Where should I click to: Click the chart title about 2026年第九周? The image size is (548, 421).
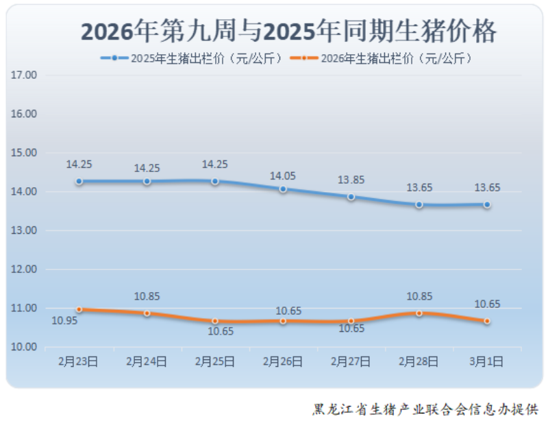click(288, 32)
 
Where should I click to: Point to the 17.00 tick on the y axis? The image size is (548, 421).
click(23, 75)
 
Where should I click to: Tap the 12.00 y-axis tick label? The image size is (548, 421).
click(23, 269)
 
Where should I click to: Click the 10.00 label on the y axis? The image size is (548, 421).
click(23, 347)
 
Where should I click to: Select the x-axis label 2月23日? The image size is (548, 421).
click(79, 361)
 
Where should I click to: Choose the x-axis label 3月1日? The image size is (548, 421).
click(486, 361)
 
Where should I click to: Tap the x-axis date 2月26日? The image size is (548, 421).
click(283, 361)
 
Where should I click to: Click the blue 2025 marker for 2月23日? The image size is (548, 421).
click(79, 181)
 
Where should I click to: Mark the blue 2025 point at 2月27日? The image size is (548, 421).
click(351, 197)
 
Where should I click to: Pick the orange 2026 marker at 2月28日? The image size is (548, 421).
click(419, 313)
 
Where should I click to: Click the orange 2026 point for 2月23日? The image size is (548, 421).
click(79, 309)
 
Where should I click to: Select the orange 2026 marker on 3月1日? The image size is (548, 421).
click(486, 321)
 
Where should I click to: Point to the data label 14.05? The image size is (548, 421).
click(283, 176)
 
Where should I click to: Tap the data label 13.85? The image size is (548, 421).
click(351, 180)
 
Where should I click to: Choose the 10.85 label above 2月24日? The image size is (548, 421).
click(147, 297)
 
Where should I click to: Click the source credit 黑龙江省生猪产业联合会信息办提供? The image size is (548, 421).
click(425, 409)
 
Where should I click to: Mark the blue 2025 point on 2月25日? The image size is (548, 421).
click(215, 181)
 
